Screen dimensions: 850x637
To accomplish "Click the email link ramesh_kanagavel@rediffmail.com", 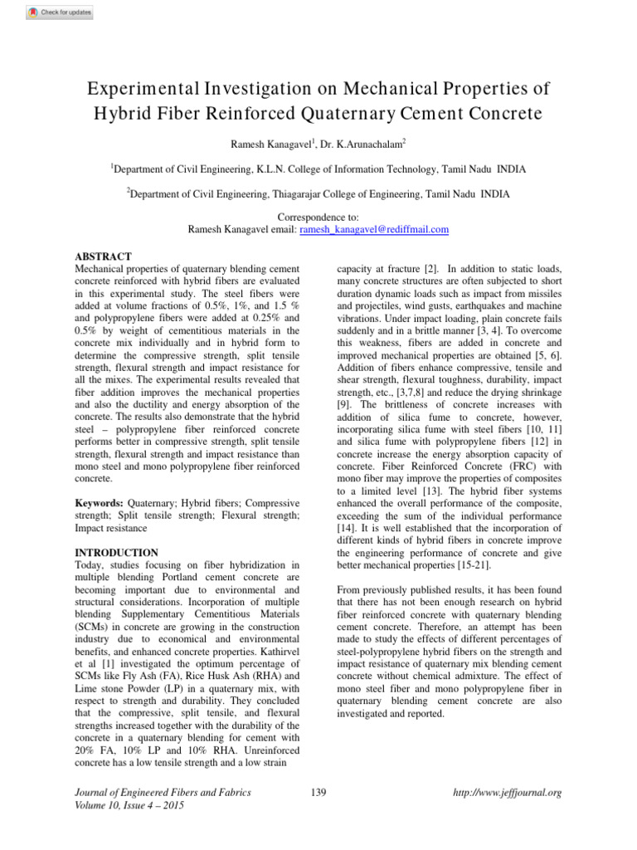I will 374,229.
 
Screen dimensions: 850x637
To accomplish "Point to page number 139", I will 318,793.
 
